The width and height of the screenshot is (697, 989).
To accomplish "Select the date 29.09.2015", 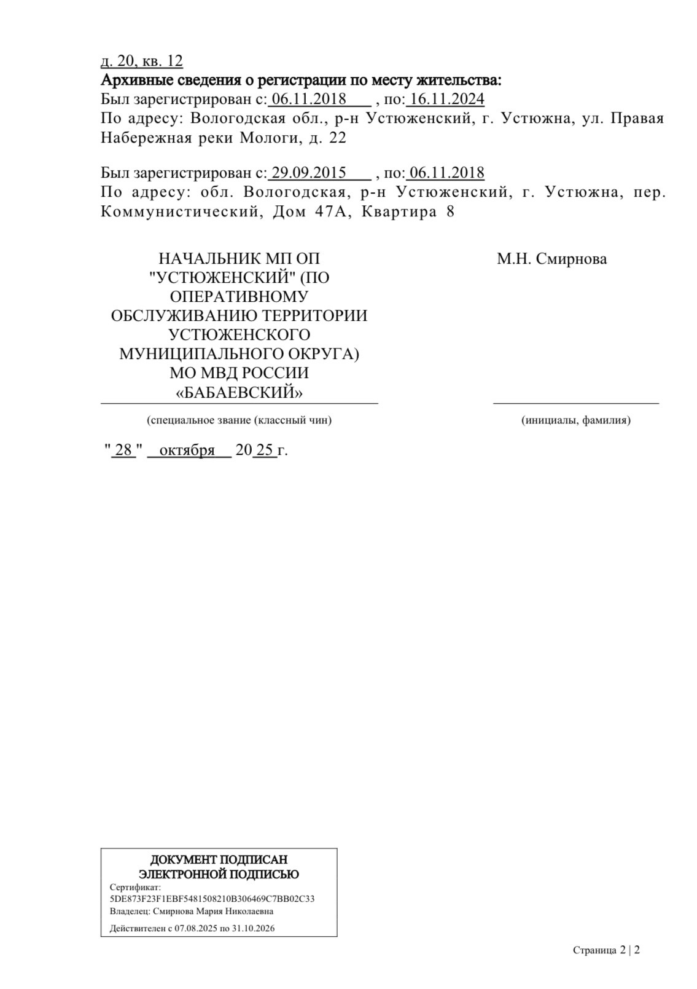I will pos(309,173).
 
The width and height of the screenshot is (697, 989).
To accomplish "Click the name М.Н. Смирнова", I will pos(551,259).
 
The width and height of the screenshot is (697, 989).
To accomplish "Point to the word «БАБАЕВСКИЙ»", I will pos(239,392).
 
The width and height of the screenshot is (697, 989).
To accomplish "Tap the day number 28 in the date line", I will pos(123,450).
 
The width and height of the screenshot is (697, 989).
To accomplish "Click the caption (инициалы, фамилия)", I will pos(575,420).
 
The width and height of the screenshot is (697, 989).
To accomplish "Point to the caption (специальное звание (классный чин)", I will pos(239,420).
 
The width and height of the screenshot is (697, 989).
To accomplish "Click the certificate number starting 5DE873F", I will pos(212,899).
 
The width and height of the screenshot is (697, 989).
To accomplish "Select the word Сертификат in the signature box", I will pos(134,887).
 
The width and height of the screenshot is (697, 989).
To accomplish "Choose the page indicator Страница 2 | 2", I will pos(606,950).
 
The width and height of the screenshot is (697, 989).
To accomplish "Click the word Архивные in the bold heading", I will pos(131,80).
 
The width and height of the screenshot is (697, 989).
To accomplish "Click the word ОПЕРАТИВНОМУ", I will pos(239,297).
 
